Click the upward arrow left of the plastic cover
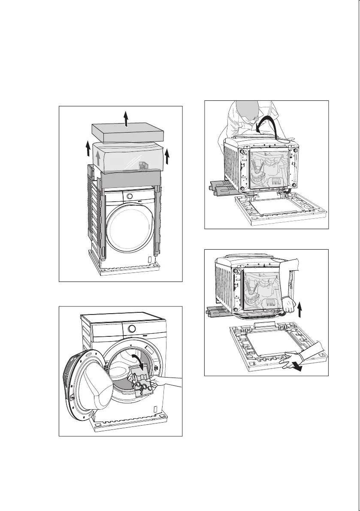(x=88, y=150)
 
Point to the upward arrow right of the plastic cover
(x=167, y=157)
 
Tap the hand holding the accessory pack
(x=165, y=381)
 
